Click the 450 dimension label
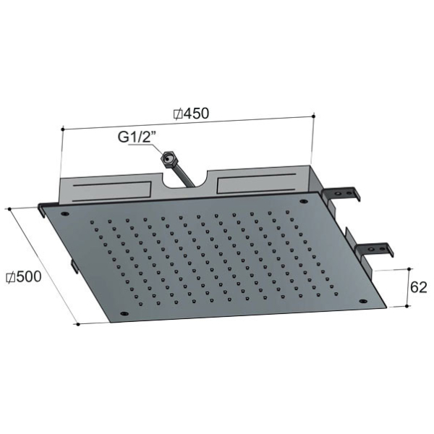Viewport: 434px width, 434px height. coord(196,114)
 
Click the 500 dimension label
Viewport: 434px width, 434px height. coord(28,276)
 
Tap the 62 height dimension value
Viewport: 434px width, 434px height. coord(419,288)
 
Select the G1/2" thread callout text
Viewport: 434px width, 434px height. coord(137,137)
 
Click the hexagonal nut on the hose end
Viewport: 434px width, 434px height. coord(168,159)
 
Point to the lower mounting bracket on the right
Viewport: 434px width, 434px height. coord(375,249)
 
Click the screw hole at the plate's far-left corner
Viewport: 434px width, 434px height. coord(65,213)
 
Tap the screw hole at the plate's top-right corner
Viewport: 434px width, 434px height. coord(304,201)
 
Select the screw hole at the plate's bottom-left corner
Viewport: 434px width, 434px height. coord(124,314)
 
